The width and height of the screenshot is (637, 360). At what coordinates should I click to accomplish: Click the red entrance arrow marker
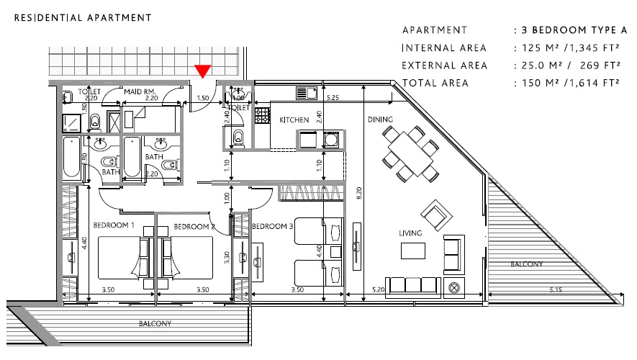(x=203, y=71)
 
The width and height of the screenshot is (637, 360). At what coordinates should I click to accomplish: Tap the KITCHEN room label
(x=294, y=120)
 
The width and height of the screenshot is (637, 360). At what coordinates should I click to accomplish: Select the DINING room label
(x=380, y=120)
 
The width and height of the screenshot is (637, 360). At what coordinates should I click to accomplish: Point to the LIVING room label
(x=410, y=233)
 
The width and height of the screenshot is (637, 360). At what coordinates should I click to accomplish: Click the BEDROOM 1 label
(x=114, y=226)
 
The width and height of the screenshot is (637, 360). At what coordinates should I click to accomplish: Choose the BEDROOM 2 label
(x=194, y=227)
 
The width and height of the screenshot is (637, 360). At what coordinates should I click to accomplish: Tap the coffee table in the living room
(x=412, y=250)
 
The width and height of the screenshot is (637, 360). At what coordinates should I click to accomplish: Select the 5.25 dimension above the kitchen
(x=333, y=97)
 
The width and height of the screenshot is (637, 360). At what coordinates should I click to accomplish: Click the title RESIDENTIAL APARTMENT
(x=83, y=17)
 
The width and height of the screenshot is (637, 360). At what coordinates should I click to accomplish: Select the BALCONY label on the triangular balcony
(x=527, y=265)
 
